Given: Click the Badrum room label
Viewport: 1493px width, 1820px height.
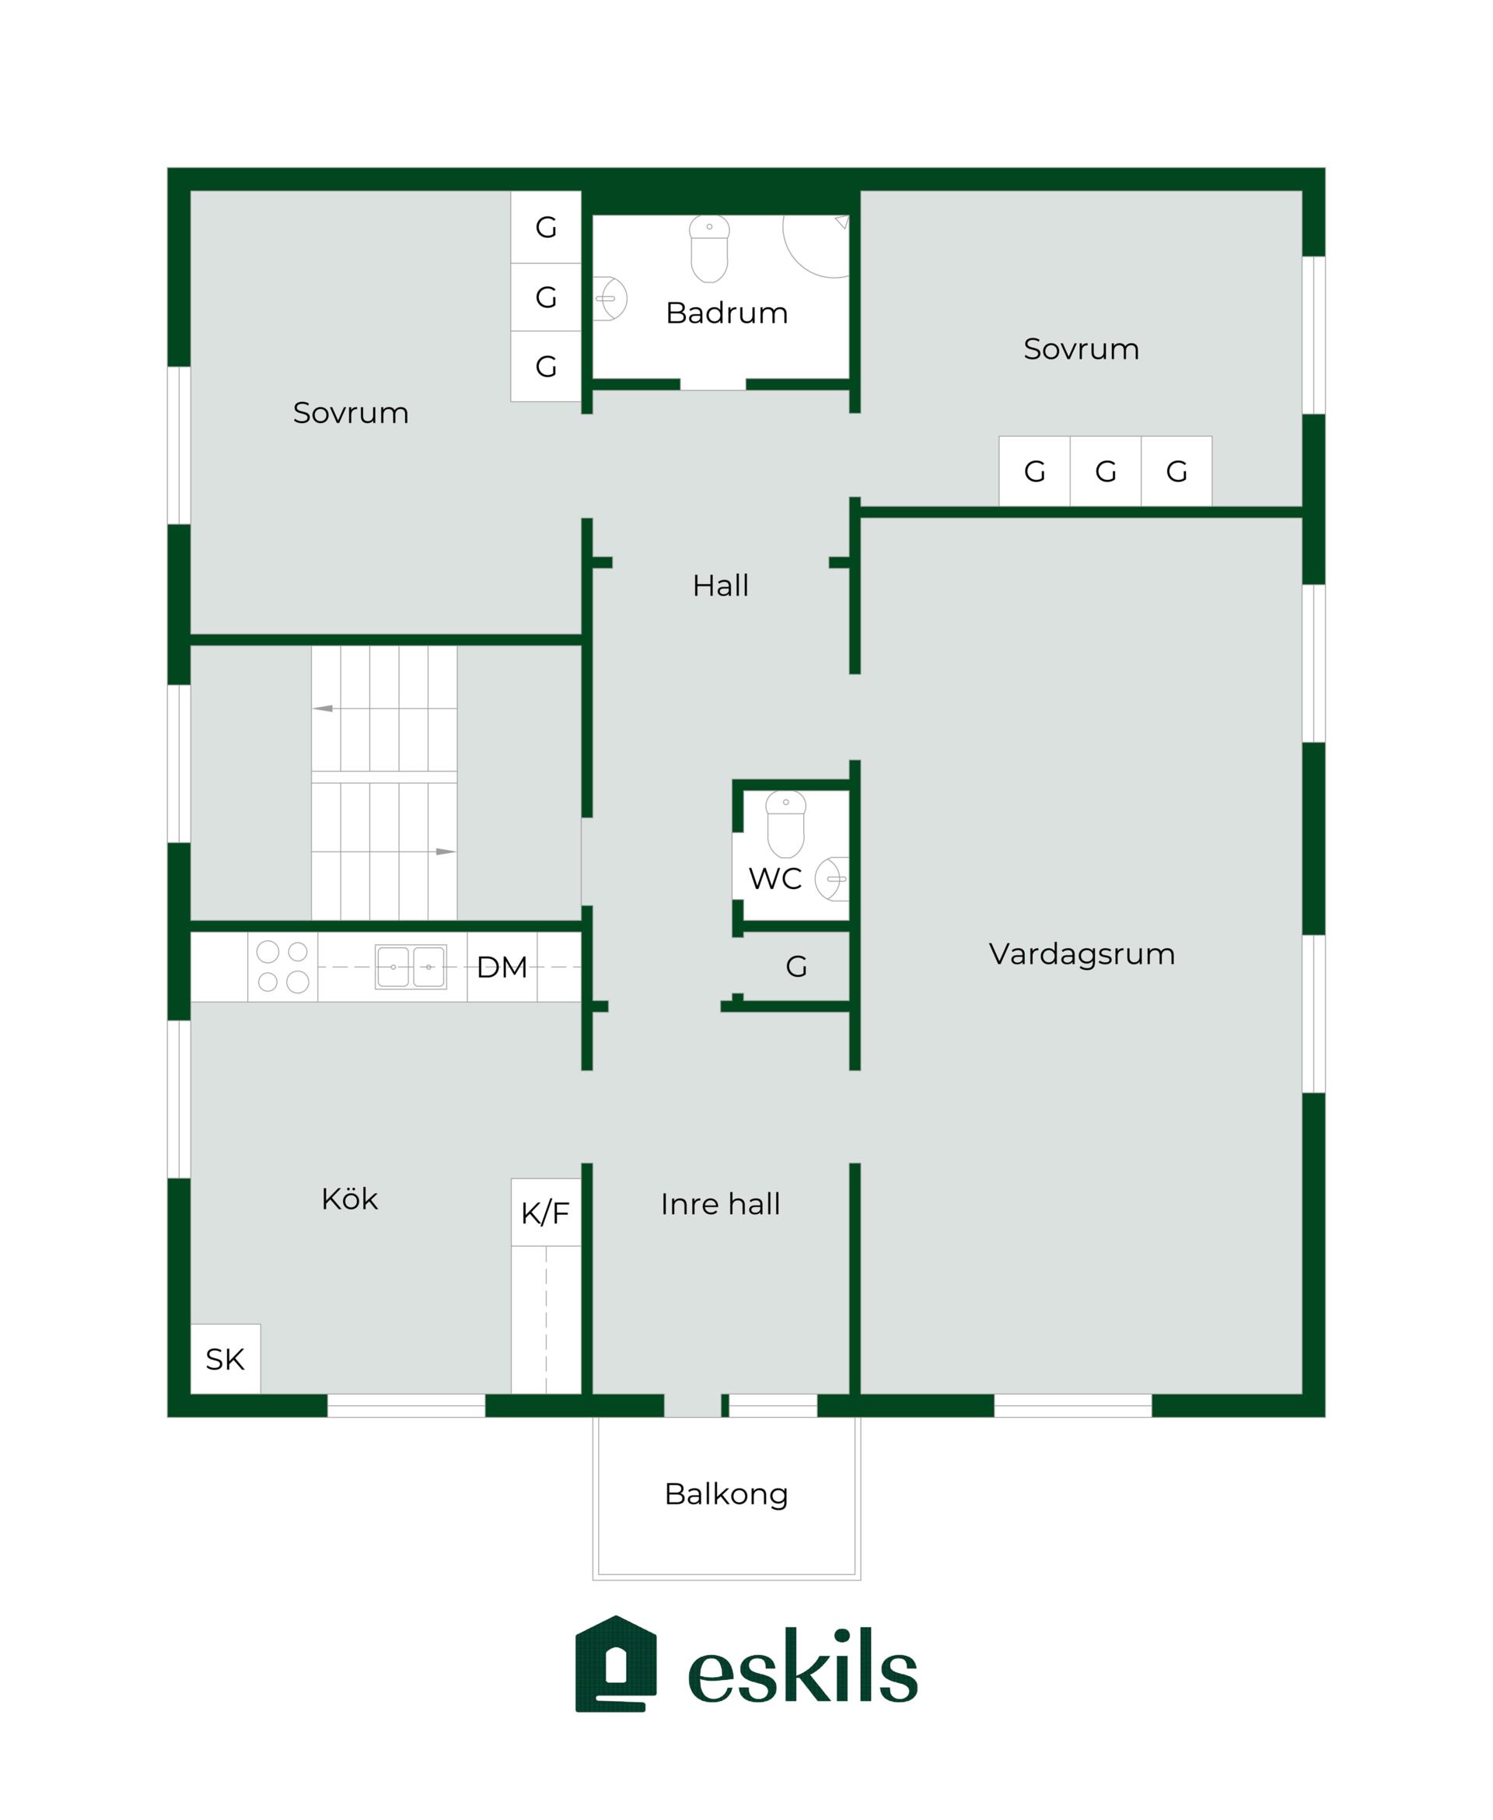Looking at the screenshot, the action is pyautogui.click(x=727, y=313).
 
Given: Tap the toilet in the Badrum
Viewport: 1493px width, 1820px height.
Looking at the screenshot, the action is pyautogui.click(x=709, y=249).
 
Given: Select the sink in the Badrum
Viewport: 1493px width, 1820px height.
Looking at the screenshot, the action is pyautogui.click(x=610, y=299).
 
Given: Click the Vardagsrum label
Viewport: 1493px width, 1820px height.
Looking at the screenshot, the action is pyautogui.click(x=1082, y=954).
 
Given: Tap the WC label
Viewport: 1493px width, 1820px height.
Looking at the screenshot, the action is pyautogui.click(x=774, y=878).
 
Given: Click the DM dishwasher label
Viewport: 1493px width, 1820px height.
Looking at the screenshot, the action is pyautogui.click(x=502, y=967).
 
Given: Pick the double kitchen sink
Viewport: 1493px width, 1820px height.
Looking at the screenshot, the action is pyautogui.click(x=411, y=967).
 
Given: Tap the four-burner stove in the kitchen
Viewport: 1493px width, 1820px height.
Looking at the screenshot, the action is pyautogui.click(x=283, y=967).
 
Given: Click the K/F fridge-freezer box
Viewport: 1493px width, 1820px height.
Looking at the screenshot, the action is pyautogui.click(x=546, y=1212).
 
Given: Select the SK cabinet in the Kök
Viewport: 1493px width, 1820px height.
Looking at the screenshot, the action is pyautogui.click(x=226, y=1359).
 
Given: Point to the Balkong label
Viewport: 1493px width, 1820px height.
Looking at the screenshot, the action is pyautogui.click(x=727, y=1494).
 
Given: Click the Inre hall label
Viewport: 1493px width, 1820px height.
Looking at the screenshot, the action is pyautogui.click(x=721, y=1204).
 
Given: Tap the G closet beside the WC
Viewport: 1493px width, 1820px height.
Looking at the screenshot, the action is pyautogui.click(x=796, y=967).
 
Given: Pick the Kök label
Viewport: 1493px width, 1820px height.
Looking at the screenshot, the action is pyautogui.click(x=349, y=1199).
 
